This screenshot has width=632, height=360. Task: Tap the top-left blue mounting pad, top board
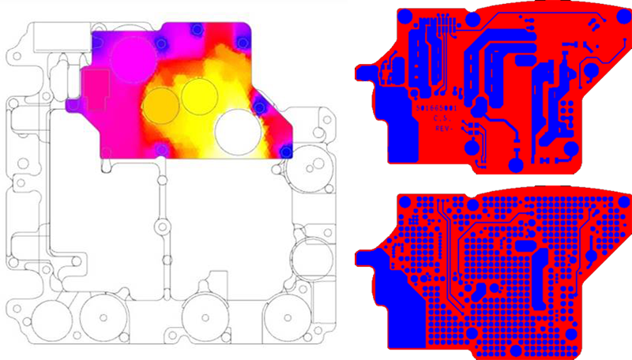click(404, 16)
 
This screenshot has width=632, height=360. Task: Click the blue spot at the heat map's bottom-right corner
click(286, 150)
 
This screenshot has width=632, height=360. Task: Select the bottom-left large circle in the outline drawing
click(103, 318)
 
